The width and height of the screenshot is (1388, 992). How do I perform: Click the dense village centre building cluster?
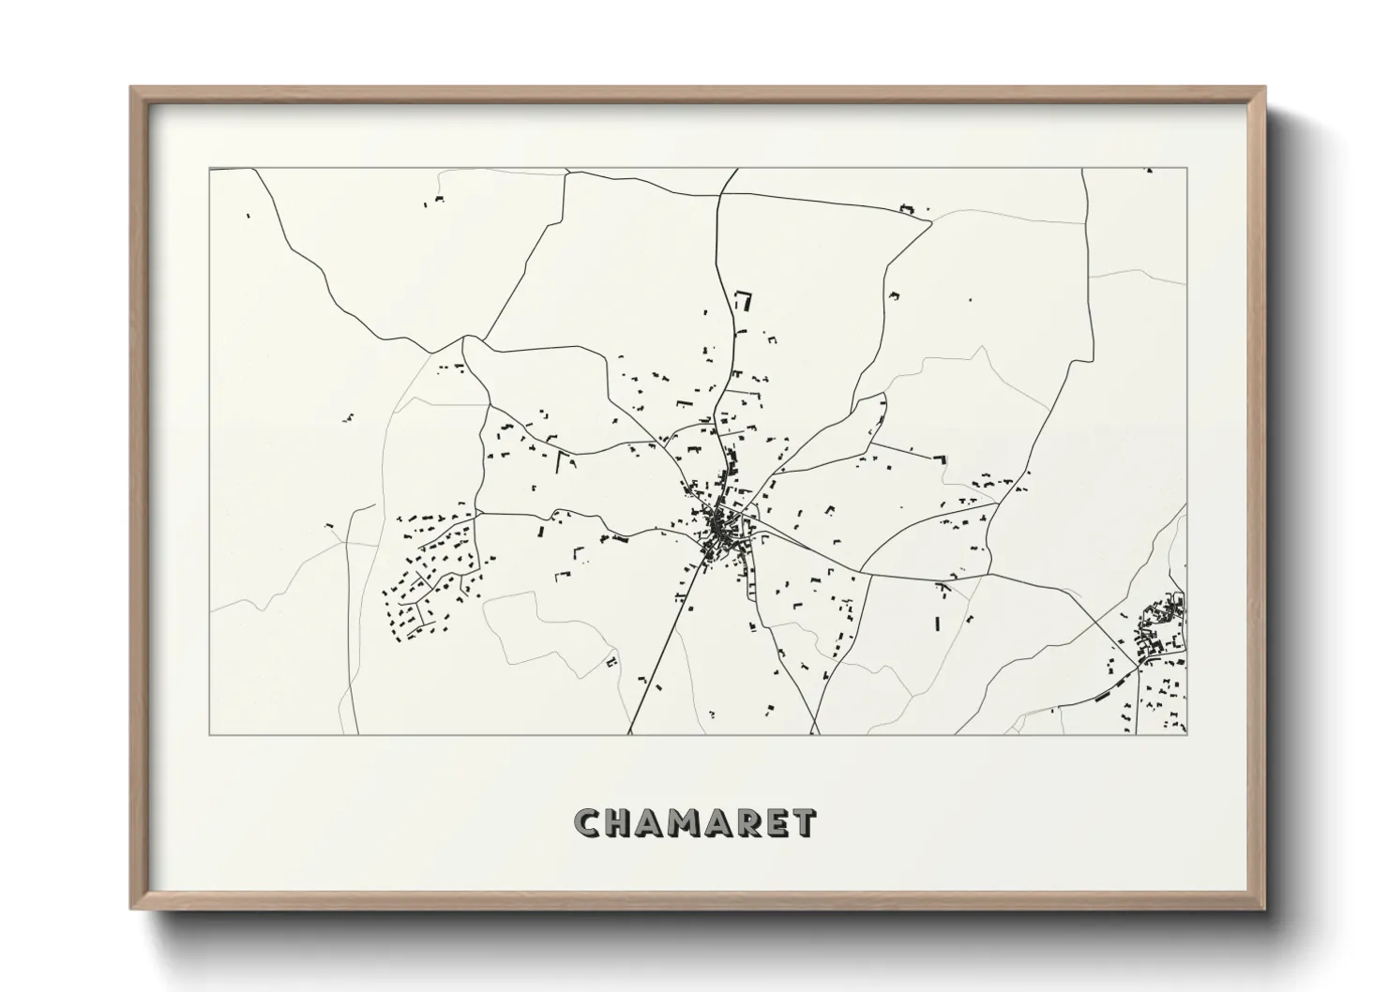[721, 530]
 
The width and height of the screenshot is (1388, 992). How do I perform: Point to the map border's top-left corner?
[209, 169]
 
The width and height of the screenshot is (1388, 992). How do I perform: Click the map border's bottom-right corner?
[1186, 734]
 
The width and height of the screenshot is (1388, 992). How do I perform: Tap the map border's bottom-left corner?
[209, 734]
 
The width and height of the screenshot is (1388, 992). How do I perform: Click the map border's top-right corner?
[1186, 169]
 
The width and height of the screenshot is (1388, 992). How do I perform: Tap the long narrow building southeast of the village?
[937, 622]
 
